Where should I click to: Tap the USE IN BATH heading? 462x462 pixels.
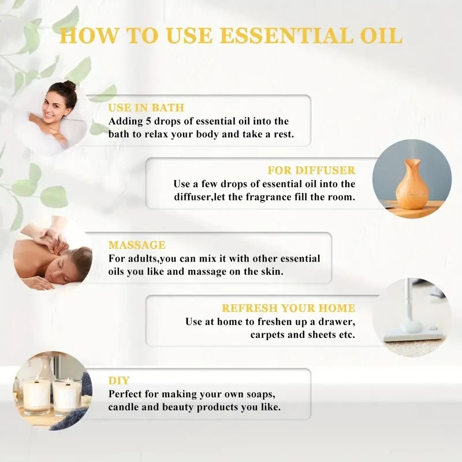point(147,108)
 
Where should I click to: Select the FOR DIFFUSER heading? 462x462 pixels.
point(311,170)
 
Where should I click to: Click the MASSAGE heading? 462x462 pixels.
point(137,245)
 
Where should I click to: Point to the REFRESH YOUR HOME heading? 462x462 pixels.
point(289,308)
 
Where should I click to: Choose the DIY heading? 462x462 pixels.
point(119,381)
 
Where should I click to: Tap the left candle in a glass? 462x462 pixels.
point(36,395)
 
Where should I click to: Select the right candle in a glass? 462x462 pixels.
point(67,396)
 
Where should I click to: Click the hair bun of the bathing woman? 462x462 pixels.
point(69,85)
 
